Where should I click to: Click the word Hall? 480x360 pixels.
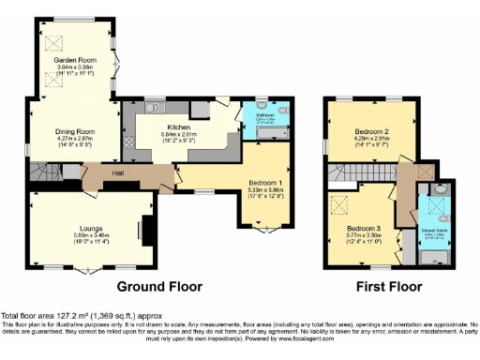click(117, 173)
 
